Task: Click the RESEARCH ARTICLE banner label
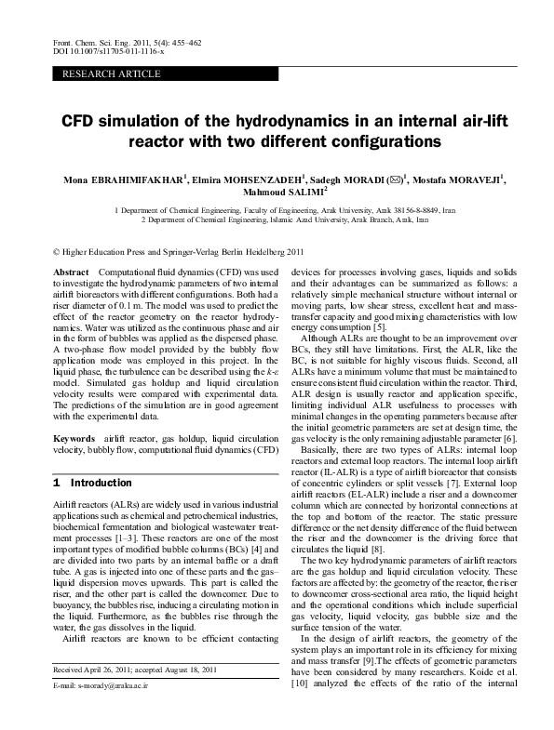(x=111, y=74)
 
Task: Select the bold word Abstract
(x=72, y=270)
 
